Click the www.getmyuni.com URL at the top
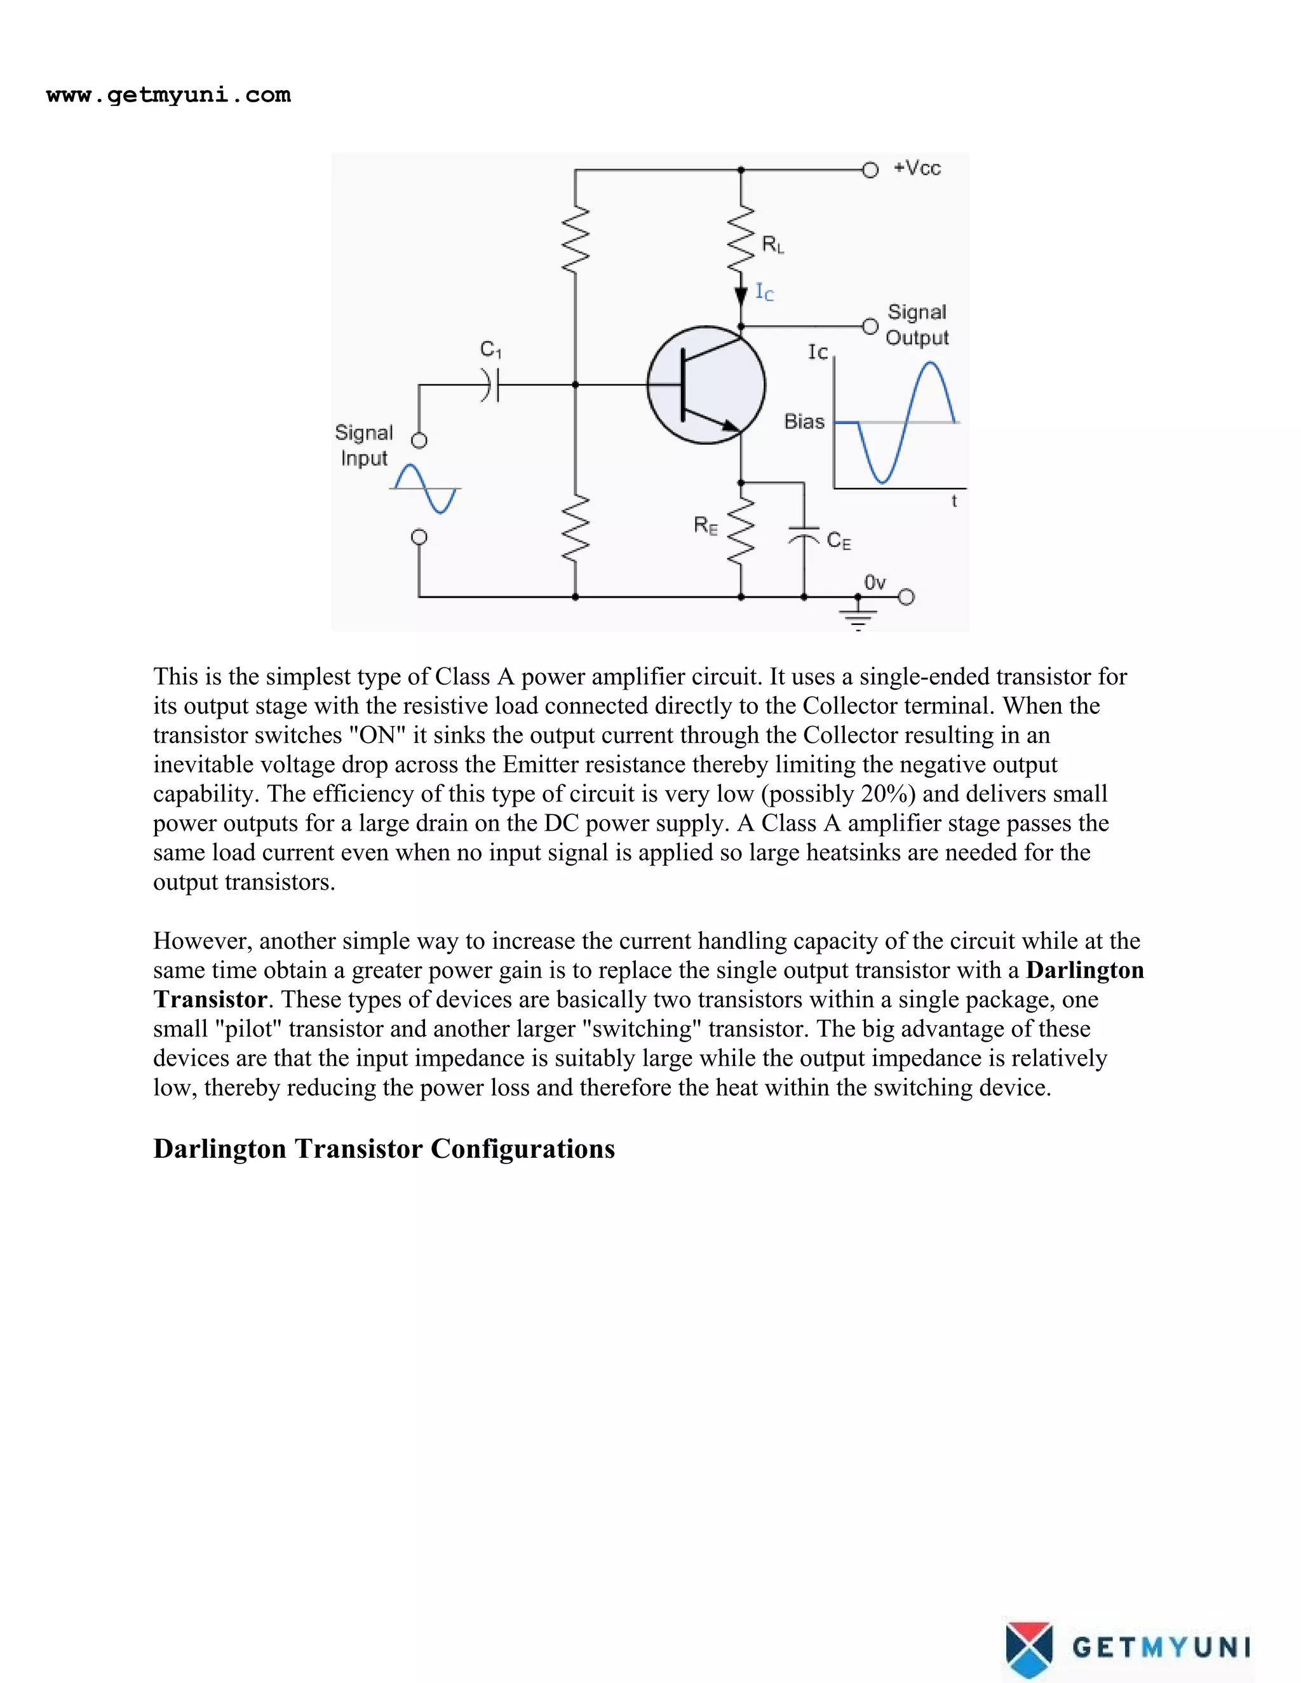pos(168,95)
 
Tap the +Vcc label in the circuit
pos(917,168)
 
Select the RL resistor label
pos(772,245)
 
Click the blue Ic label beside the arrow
pos(764,292)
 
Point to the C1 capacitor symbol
pos(491,384)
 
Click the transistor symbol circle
pos(706,384)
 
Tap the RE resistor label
pos(705,526)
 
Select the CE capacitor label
pos(839,541)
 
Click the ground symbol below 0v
pos(858,617)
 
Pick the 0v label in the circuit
pos(874,582)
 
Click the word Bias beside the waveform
pos(804,422)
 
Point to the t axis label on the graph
pos(954,502)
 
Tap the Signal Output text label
pos(917,325)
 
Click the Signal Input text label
pos(364,445)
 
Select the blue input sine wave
pos(425,488)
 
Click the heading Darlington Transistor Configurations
pos(384,1148)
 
